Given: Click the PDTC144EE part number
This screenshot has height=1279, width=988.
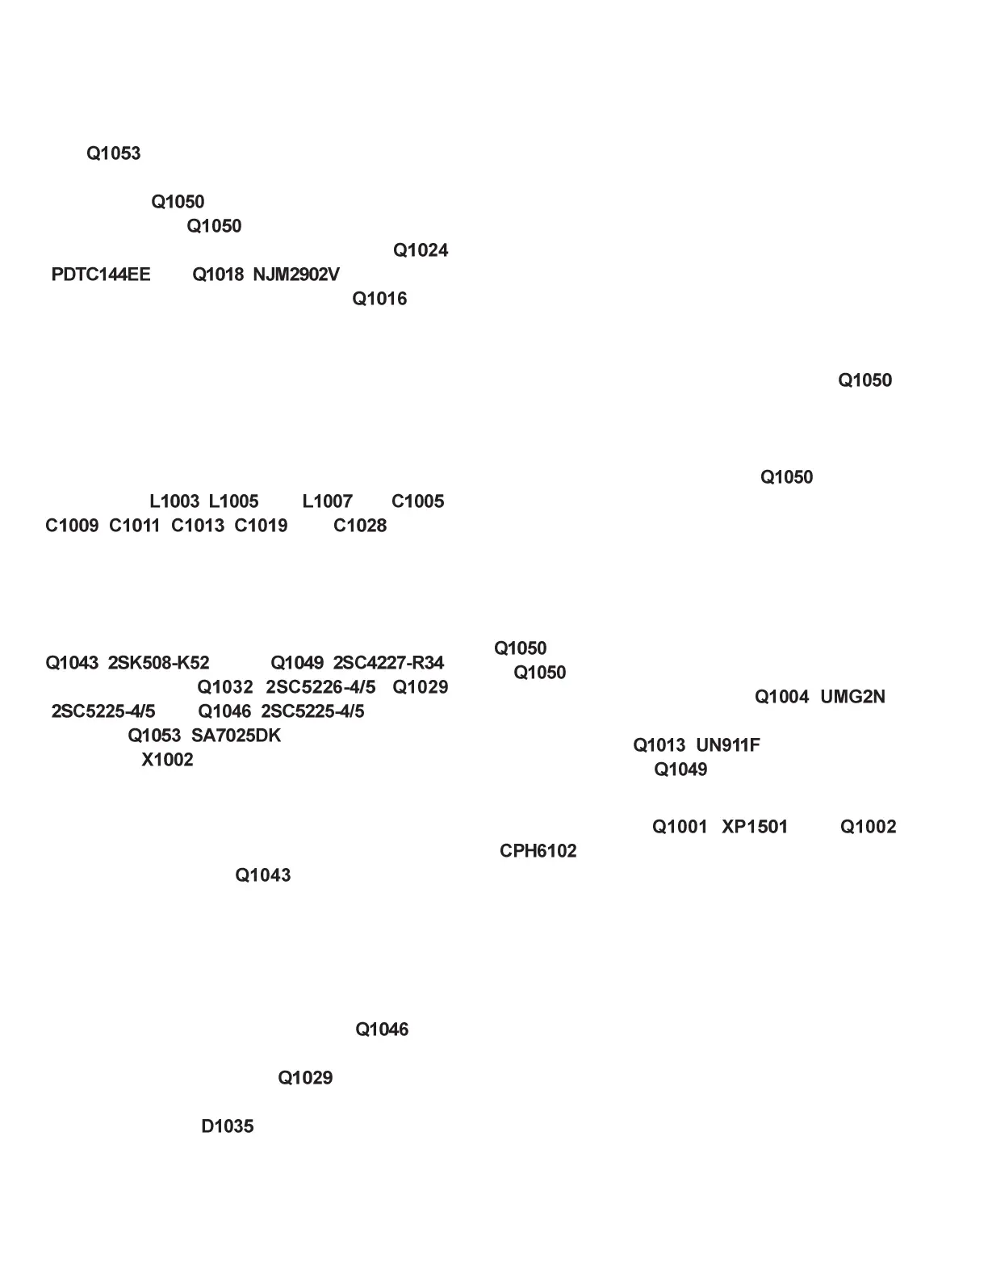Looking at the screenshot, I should point(101,275).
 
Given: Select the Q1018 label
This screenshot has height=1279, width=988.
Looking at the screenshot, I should point(217,275).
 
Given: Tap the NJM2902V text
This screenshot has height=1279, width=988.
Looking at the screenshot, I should point(296,275).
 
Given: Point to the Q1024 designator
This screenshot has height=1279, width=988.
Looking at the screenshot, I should point(421,250).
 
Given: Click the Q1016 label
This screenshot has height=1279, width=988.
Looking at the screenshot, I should point(379,299).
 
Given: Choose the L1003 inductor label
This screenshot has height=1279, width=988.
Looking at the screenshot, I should point(174,501).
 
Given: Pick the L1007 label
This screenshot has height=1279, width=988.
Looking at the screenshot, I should point(327,501).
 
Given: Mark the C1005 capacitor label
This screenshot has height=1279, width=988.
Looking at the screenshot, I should point(417,501).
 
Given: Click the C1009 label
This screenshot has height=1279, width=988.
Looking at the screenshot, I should point(72,526).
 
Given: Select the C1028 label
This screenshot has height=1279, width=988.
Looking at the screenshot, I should point(360,526).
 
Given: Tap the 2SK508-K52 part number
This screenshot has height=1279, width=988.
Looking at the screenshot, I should point(158,663).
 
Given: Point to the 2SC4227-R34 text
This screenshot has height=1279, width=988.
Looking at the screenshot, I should point(388,663).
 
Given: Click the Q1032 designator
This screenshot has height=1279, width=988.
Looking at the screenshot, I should point(225,687).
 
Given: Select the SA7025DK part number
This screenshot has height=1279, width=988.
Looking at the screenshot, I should point(236,736).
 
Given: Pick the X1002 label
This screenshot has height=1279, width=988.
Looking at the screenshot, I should point(167,760).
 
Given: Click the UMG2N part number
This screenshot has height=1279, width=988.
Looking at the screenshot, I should point(852,697).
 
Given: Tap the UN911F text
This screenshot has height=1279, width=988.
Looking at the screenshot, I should point(727,745).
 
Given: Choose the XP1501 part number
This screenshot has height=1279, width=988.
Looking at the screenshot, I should point(754,827).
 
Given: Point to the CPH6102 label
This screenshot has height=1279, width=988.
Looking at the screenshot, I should point(538,851).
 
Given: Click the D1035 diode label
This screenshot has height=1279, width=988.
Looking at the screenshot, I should point(227,1126).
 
